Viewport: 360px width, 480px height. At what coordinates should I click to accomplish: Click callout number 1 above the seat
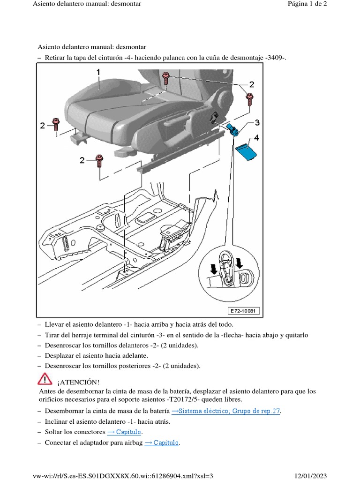[98, 73]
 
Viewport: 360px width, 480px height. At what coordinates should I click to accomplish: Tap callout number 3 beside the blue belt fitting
[256, 123]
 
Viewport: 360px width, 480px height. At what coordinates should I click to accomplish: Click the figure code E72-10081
[244, 311]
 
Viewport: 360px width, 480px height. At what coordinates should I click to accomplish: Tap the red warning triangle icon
[45, 378]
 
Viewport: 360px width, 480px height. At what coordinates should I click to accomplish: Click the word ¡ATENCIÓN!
[78, 382]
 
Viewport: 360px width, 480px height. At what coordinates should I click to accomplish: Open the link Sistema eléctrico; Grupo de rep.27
[226, 411]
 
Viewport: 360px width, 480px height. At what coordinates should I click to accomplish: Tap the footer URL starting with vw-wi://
[122, 476]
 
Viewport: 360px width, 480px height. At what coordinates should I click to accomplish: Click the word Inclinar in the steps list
[57, 421]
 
